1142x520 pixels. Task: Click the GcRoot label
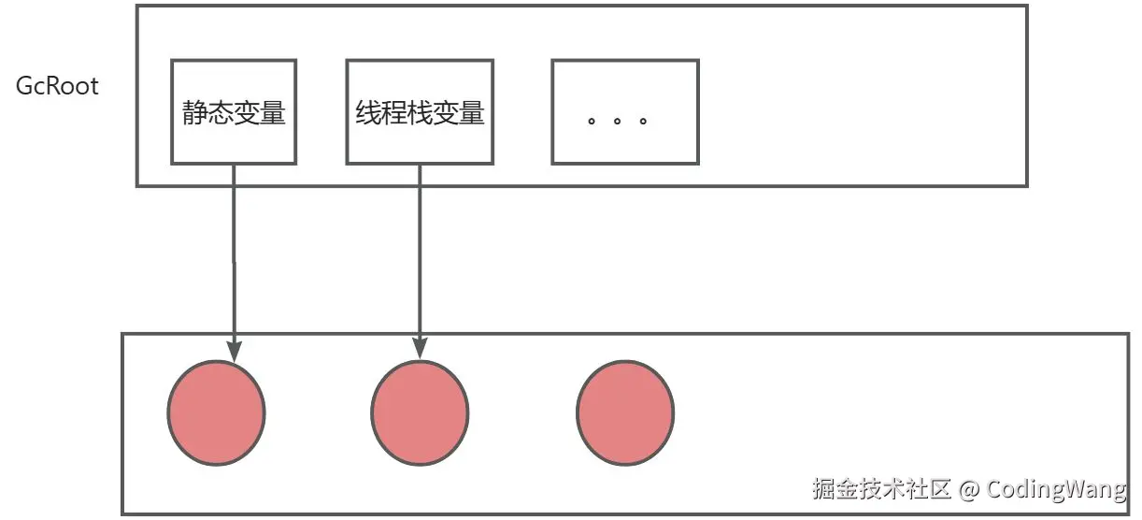pyautogui.click(x=57, y=87)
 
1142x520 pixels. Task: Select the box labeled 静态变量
pyautogui.click(x=234, y=112)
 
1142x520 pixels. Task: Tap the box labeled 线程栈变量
pyautogui.click(x=420, y=112)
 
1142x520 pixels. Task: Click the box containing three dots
pyautogui.click(x=624, y=112)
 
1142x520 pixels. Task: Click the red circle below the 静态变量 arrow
pyautogui.click(x=216, y=412)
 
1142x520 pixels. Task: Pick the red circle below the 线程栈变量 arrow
pyautogui.click(x=420, y=412)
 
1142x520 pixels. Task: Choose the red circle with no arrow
pyautogui.click(x=624, y=412)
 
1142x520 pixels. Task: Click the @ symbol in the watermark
pyautogui.click(x=969, y=489)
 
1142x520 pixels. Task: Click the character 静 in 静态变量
pyautogui.click(x=194, y=114)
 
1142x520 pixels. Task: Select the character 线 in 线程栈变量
pyautogui.click(x=367, y=114)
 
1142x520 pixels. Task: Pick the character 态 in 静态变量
pyautogui.click(x=221, y=114)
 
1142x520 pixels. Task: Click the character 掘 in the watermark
pyautogui.click(x=824, y=489)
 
